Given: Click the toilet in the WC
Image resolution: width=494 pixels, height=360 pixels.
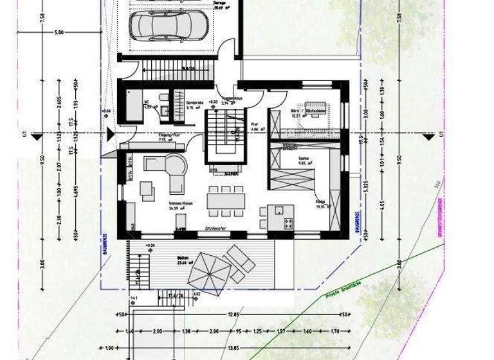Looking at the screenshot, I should pos(165,100).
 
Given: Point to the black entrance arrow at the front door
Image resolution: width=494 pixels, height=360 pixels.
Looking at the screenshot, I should pos(111,134).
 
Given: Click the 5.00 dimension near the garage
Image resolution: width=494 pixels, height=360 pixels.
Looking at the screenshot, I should pos(59,32).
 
